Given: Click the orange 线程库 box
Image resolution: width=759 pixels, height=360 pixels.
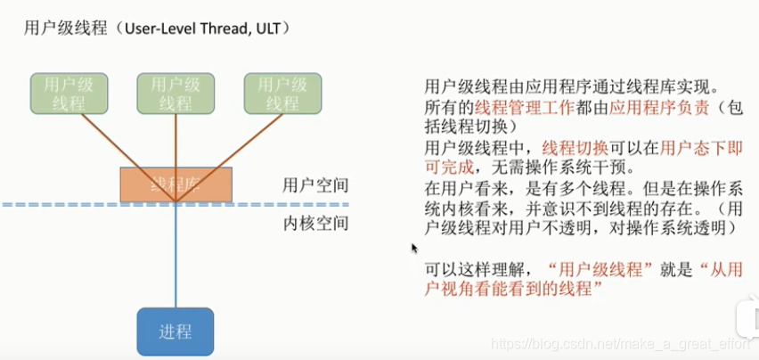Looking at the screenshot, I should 175,184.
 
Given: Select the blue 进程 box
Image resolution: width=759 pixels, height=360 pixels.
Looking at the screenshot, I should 175,331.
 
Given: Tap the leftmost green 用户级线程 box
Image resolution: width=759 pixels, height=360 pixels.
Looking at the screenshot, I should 69,94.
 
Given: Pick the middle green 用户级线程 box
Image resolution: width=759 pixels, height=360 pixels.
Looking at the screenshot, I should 175,94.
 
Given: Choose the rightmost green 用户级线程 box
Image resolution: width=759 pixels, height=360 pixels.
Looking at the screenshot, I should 282,94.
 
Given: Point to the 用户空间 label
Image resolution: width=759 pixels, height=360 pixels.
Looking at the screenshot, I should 309,186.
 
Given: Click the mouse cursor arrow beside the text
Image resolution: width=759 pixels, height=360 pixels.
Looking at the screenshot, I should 414,249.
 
